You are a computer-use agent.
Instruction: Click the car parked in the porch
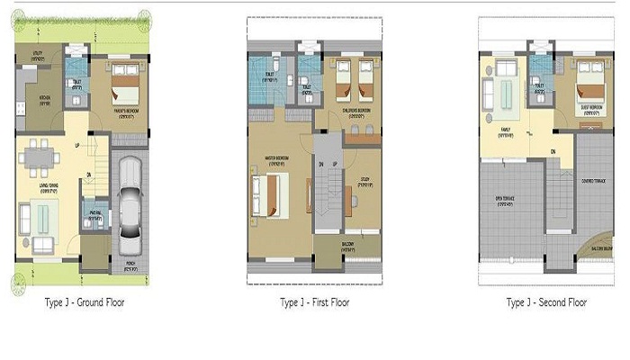tap(131, 208)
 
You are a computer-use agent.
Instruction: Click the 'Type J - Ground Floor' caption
tap(85, 302)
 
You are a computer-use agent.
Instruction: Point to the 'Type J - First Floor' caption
tap(315, 302)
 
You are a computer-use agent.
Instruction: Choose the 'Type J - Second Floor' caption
tap(546, 302)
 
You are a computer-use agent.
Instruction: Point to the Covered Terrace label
tap(592, 184)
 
